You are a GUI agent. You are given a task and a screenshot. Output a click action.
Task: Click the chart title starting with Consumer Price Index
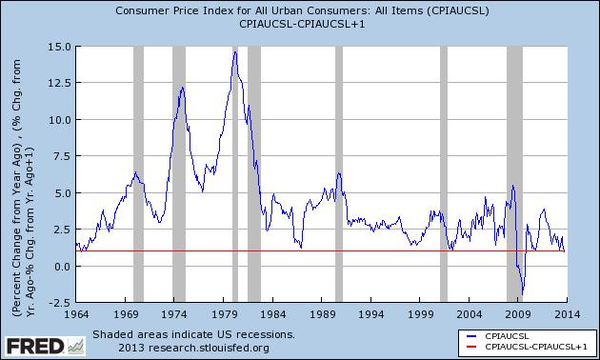pos(299,11)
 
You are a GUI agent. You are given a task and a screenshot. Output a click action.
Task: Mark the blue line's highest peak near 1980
pos(234,50)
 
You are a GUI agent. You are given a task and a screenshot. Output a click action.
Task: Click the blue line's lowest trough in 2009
pos(522,294)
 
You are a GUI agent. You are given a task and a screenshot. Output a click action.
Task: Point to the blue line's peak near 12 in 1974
pos(180,88)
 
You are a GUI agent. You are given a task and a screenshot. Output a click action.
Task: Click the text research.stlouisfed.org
pos(191,347)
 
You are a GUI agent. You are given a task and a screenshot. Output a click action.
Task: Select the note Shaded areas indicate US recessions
pos(193,335)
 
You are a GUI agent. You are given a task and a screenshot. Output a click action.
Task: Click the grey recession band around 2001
pos(444,173)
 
